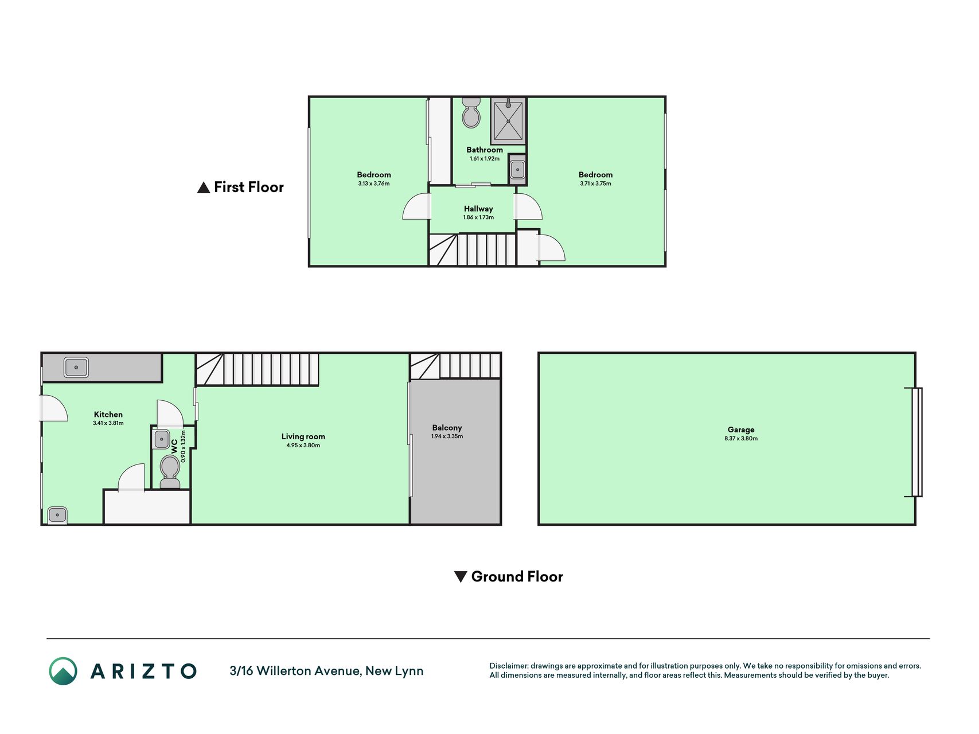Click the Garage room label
[741, 430]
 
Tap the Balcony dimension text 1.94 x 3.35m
[447, 436]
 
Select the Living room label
[303, 436]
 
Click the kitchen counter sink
[76, 367]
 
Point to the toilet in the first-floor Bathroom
[471, 112]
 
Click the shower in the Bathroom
[508, 121]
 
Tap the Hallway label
[478, 209]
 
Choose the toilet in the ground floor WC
[170, 471]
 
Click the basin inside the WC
[161, 439]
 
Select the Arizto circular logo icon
[63, 671]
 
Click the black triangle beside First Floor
[204, 188]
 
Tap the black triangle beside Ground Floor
[461, 576]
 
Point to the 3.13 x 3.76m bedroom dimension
[374, 183]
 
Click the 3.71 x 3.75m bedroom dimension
[595, 183]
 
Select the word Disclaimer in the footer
[509, 666]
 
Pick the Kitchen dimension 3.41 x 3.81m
[108, 423]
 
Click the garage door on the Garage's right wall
[917, 442]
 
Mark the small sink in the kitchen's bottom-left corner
[57, 515]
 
